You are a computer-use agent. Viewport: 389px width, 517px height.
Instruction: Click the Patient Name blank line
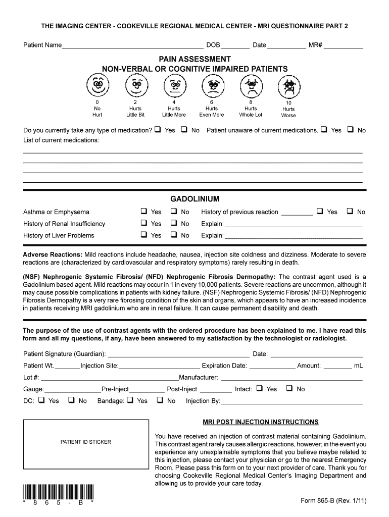tap(132, 46)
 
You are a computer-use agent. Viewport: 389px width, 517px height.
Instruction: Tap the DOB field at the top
tap(235, 46)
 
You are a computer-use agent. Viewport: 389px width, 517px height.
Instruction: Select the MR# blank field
tap(343, 46)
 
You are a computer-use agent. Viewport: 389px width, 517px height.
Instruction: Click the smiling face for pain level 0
tap(97, 85)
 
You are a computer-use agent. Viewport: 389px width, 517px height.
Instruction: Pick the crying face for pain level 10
tap(288, 87)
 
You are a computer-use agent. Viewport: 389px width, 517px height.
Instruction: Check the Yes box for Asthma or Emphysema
tap(144, 212)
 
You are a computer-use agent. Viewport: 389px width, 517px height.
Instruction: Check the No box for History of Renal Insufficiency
tap(173, 223)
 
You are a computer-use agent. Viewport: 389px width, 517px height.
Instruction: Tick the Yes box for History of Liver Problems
tap(144, 235)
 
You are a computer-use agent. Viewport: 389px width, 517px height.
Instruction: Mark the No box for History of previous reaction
tap(350, 212)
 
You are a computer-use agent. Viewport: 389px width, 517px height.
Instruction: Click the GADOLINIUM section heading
tap(194, 199)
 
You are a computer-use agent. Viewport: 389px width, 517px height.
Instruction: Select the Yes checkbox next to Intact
tap(259, 389)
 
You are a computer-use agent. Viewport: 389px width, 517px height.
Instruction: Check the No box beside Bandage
tap(160, 400)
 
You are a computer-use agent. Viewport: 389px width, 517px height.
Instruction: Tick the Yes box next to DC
tap(41, 400)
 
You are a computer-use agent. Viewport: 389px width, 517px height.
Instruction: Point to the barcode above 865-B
tap(58, 492)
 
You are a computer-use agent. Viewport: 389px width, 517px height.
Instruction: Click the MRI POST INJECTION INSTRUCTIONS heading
tap(260, 422)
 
